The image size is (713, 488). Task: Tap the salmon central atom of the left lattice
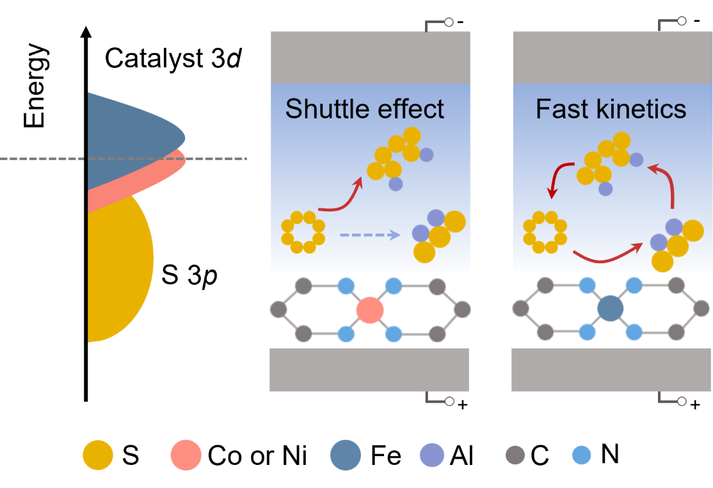369,310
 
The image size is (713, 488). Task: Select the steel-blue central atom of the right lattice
610,309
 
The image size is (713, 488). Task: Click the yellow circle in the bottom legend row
98,455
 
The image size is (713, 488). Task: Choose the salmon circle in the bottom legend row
186,455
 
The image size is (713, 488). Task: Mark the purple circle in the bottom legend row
432,455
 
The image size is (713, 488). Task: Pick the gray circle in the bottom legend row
515,455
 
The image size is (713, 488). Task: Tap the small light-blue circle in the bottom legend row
581,455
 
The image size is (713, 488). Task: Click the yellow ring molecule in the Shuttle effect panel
303,231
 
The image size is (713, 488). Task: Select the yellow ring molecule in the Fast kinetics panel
545,231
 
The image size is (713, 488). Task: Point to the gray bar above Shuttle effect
370,58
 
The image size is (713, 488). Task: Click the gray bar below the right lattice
611,370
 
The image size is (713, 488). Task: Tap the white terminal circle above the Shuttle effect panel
449,22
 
